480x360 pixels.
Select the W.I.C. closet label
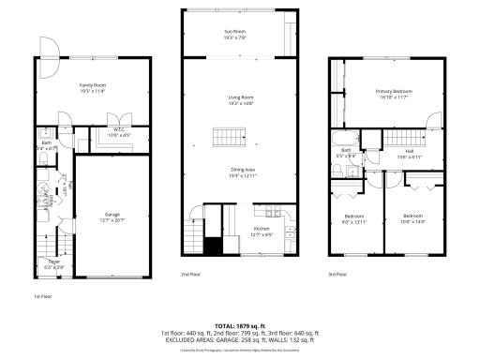click(120, 131)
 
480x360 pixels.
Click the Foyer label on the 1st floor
click(54, 263)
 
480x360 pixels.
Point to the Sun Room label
click(234, 35)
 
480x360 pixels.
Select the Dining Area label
click(242, 172)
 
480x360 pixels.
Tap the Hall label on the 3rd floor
click(410, 152)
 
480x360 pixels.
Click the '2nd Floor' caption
click(190, 275)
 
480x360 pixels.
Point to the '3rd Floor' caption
click(337, 275)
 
